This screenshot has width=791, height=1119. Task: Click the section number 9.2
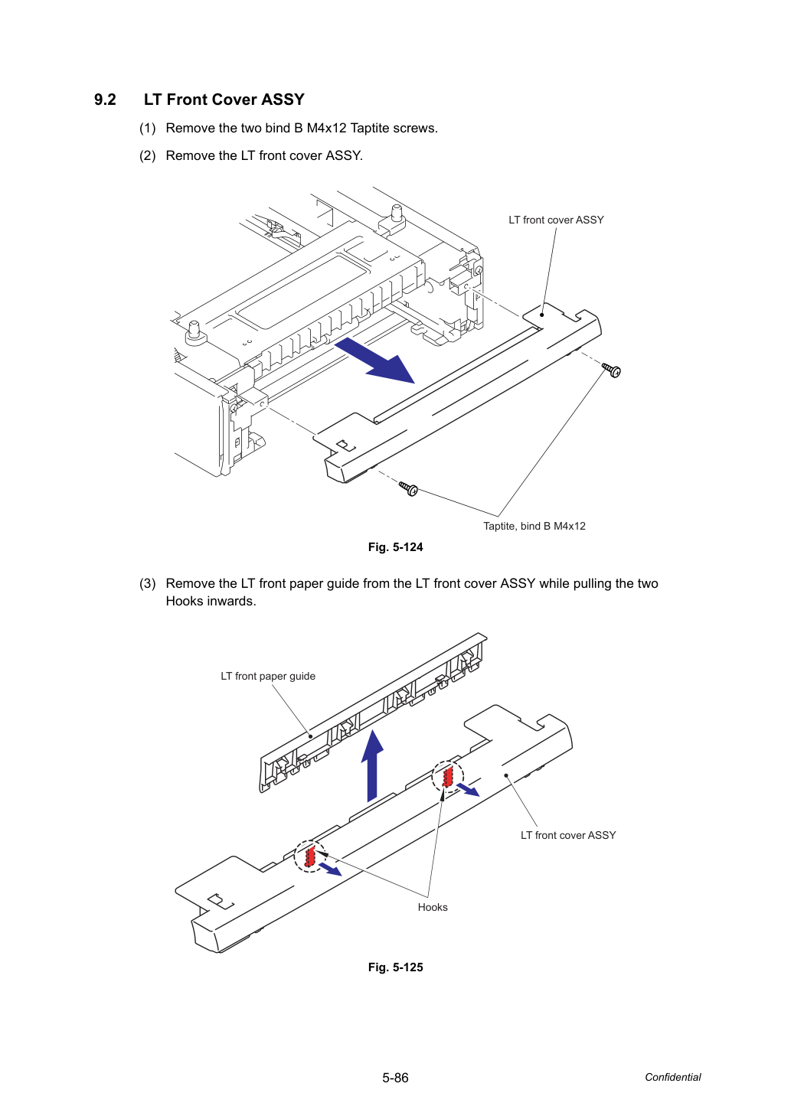[x=105, y=100]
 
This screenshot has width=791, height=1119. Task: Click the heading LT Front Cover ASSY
[x=224, y=100]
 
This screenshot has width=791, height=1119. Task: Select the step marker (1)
[x=148, y=129]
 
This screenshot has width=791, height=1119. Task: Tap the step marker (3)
[x=148, y=583]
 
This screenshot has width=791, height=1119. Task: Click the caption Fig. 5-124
[x=395, y=547]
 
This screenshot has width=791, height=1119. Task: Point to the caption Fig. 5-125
[x=395, y=967]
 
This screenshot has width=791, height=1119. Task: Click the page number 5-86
[x=395, y=1078]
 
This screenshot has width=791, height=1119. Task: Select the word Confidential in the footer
[x=672, y=1077]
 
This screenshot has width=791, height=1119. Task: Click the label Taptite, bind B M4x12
[x=534, y=526]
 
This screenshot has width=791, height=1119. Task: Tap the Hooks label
[x=433, y=907]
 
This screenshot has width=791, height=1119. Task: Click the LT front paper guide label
[x=268, y=677]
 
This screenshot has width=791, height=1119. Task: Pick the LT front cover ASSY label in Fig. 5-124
[x=556, y=220]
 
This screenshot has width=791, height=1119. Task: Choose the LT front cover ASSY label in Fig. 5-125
[x=568, y=835]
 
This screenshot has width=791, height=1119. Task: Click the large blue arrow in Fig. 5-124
[x=374, y=360]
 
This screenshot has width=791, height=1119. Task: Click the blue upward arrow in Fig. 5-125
[x=372, y=766]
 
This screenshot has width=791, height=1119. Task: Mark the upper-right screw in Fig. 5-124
[x=611, y=370]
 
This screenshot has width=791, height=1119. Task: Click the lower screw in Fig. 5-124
[x=408, y=488]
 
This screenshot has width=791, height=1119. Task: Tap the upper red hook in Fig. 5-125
[x=448, y=777]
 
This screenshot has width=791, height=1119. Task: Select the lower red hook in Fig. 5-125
[x=310, y=857]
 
